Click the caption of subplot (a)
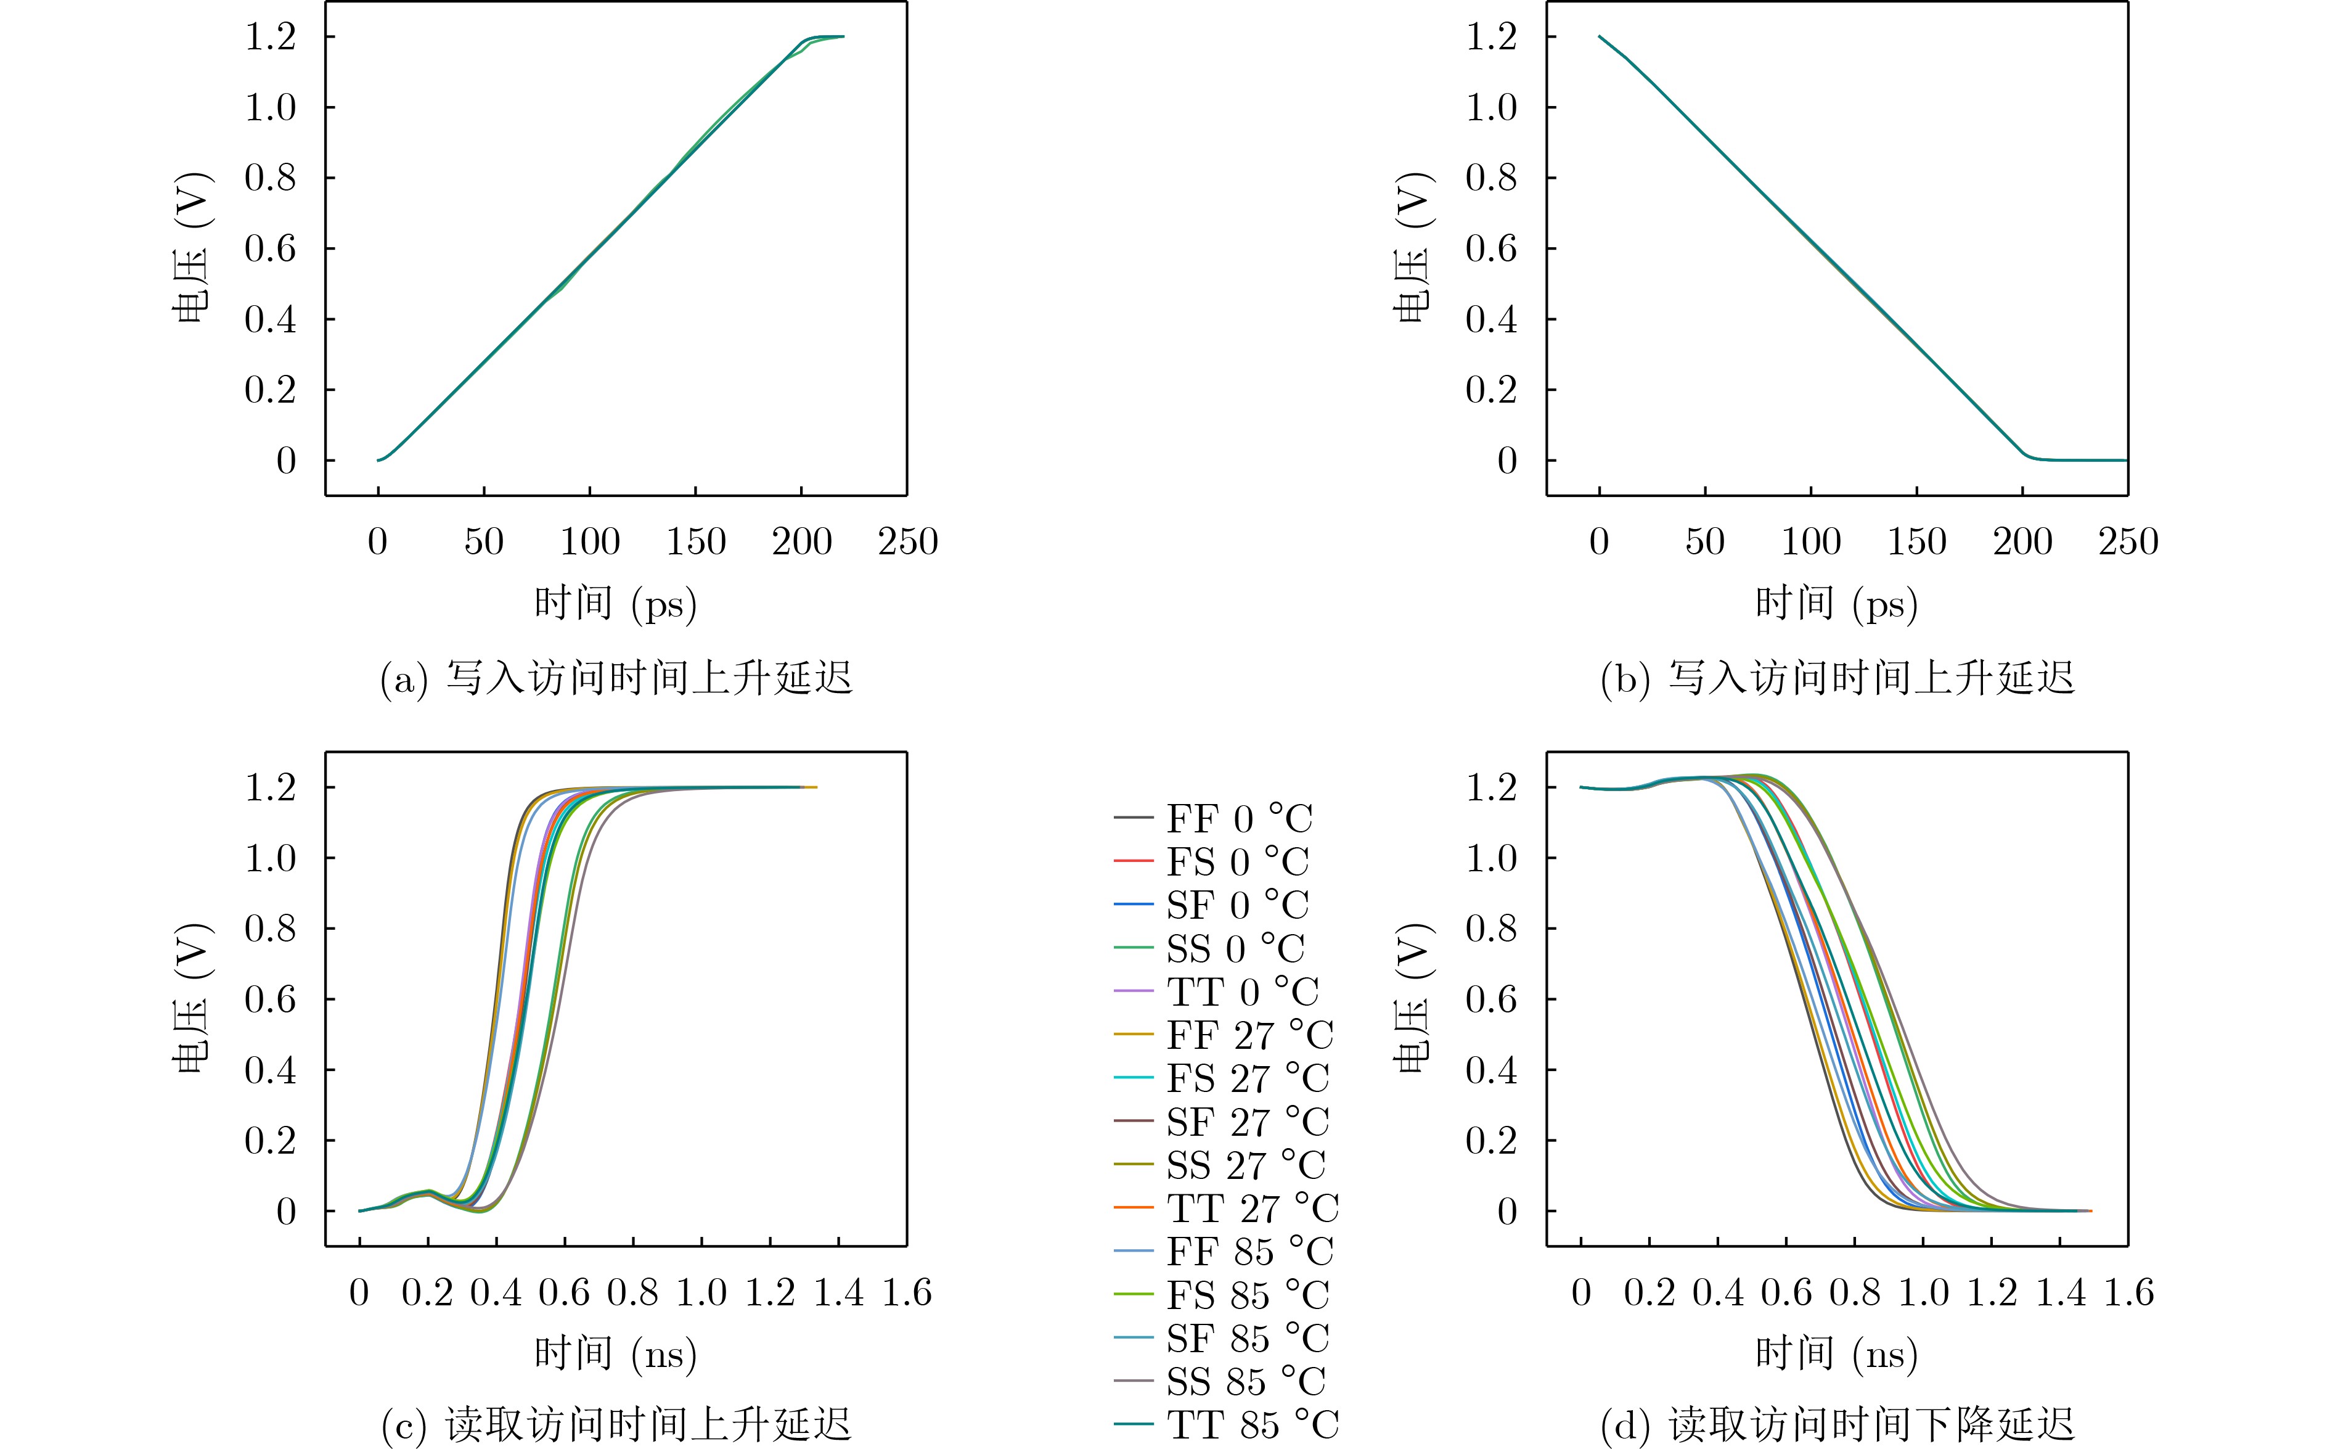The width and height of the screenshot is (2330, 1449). pyautogui.click(x=616, y=678)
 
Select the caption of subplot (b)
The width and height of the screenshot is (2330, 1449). pyautogui.click(x=1837, y=678)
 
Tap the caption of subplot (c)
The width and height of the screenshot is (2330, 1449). pyautogui.click(x=616, y=1425)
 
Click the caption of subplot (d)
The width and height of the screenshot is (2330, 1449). pyautogui.click(x=1837, y=1425)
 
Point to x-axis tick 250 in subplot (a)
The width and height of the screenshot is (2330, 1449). pyautogui.click(x=907, y=543)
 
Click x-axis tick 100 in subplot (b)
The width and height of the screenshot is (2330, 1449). pyautogui.click(x=1811, y=543)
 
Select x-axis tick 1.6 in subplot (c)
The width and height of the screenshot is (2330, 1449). pyautogui.click(x=906, y=1293)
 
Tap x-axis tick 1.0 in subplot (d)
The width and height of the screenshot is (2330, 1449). pyautogui.click(x=1923, y=1293)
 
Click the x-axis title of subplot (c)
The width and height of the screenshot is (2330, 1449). pyautogui.click(x=615, y=1354)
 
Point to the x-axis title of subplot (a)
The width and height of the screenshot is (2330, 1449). pyautogui.click(x=615, y=604)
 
